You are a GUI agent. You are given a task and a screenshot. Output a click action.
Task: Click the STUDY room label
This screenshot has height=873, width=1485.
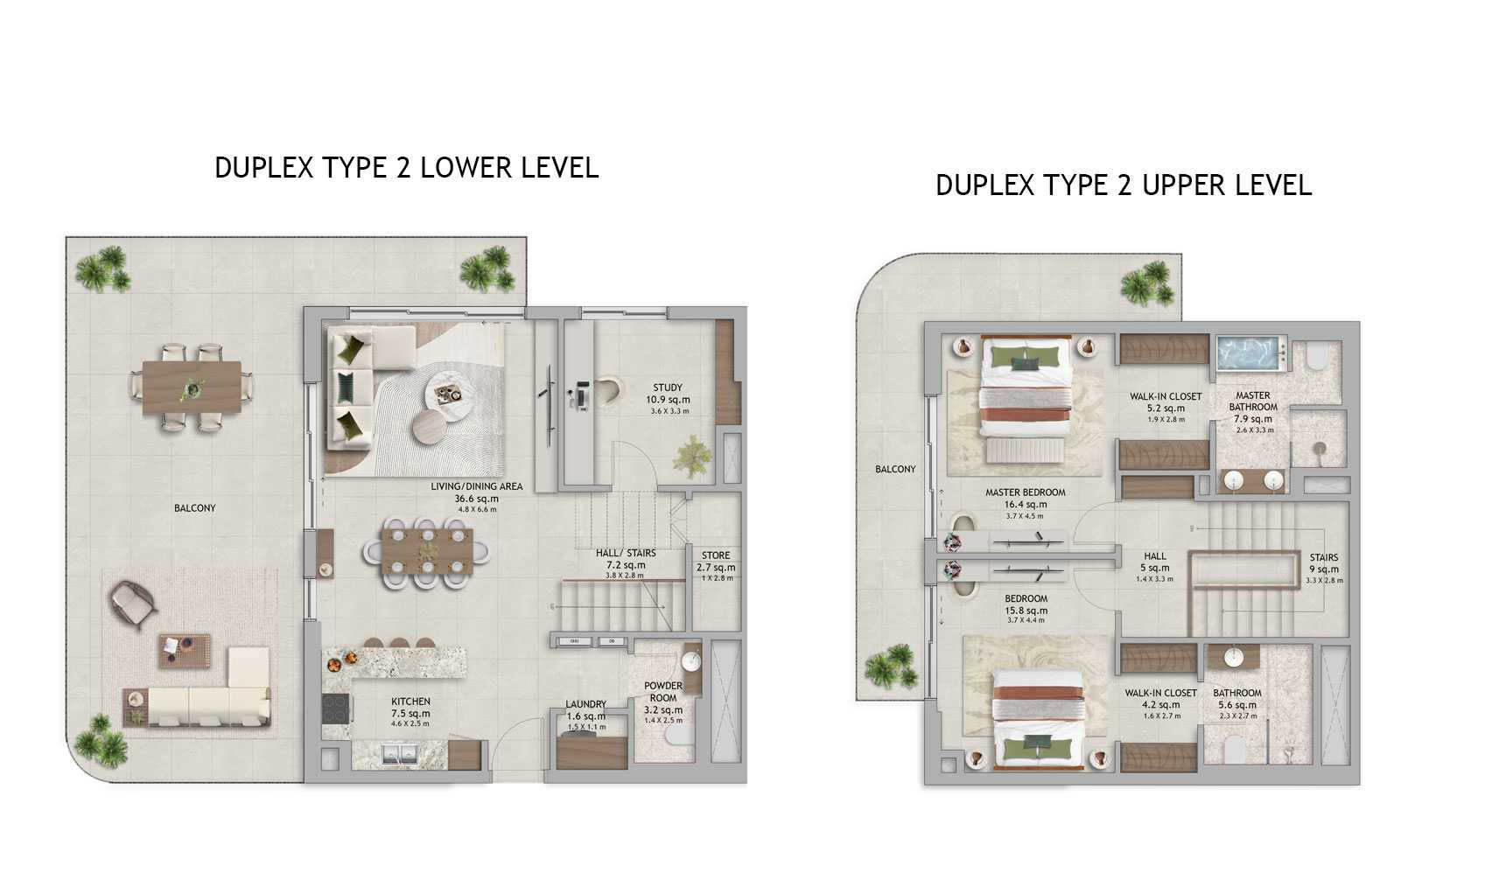point(667,388)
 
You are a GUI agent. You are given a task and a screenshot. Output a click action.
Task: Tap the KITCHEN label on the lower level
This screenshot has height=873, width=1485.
point(410,702)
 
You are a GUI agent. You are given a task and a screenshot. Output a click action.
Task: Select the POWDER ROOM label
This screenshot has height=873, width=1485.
point(663,692)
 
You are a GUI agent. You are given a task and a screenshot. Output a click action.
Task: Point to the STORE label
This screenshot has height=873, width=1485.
point(715,555)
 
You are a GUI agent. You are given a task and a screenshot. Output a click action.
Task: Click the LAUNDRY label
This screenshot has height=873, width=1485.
point(585,704)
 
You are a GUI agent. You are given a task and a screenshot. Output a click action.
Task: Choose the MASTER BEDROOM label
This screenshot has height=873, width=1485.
point(1025,492)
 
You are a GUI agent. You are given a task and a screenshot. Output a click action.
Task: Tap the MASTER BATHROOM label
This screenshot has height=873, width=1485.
point(1253,401)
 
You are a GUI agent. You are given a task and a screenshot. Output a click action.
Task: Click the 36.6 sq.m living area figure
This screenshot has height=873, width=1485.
point(477,499)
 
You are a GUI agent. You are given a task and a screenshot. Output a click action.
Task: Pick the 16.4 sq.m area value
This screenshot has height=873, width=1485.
point(1025,505)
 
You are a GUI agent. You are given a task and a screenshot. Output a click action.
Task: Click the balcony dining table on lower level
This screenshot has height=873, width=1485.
point(193,388)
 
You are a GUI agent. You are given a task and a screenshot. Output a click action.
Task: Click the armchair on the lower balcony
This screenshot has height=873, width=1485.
point(133,604)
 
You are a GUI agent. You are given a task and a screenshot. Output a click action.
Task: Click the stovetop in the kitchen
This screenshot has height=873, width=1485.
point(333,709)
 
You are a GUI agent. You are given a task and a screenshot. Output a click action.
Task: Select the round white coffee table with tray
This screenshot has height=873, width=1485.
point(450,395)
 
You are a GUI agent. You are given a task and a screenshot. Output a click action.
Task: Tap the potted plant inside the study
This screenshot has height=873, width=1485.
point(692,456)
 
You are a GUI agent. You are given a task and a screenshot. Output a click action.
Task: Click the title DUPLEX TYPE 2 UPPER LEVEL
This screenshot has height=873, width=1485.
point(1124,185)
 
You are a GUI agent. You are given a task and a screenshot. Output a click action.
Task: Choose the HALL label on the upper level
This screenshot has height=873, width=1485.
point(1155,556)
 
